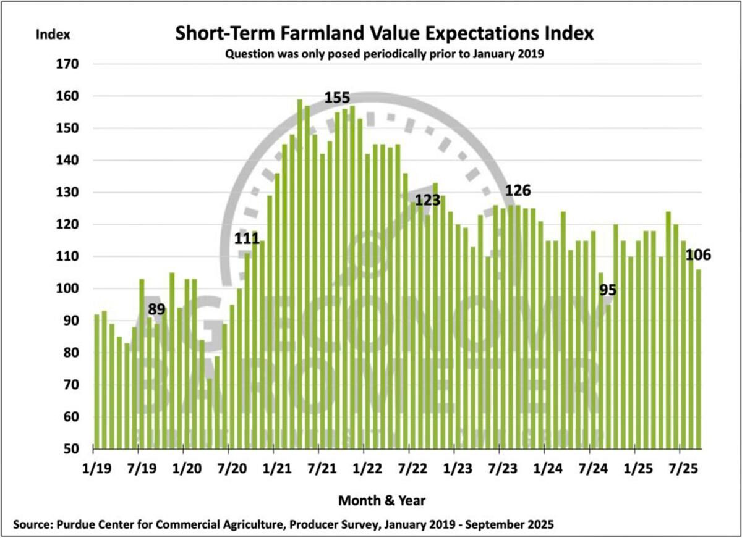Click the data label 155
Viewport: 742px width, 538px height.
point(338,98)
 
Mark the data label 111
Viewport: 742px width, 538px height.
point(247,237)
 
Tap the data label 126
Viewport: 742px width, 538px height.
point(518,190)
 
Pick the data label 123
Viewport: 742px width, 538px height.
point(427,201)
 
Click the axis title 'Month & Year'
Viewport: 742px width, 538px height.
point(382,499)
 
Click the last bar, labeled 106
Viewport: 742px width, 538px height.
point(698,358)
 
